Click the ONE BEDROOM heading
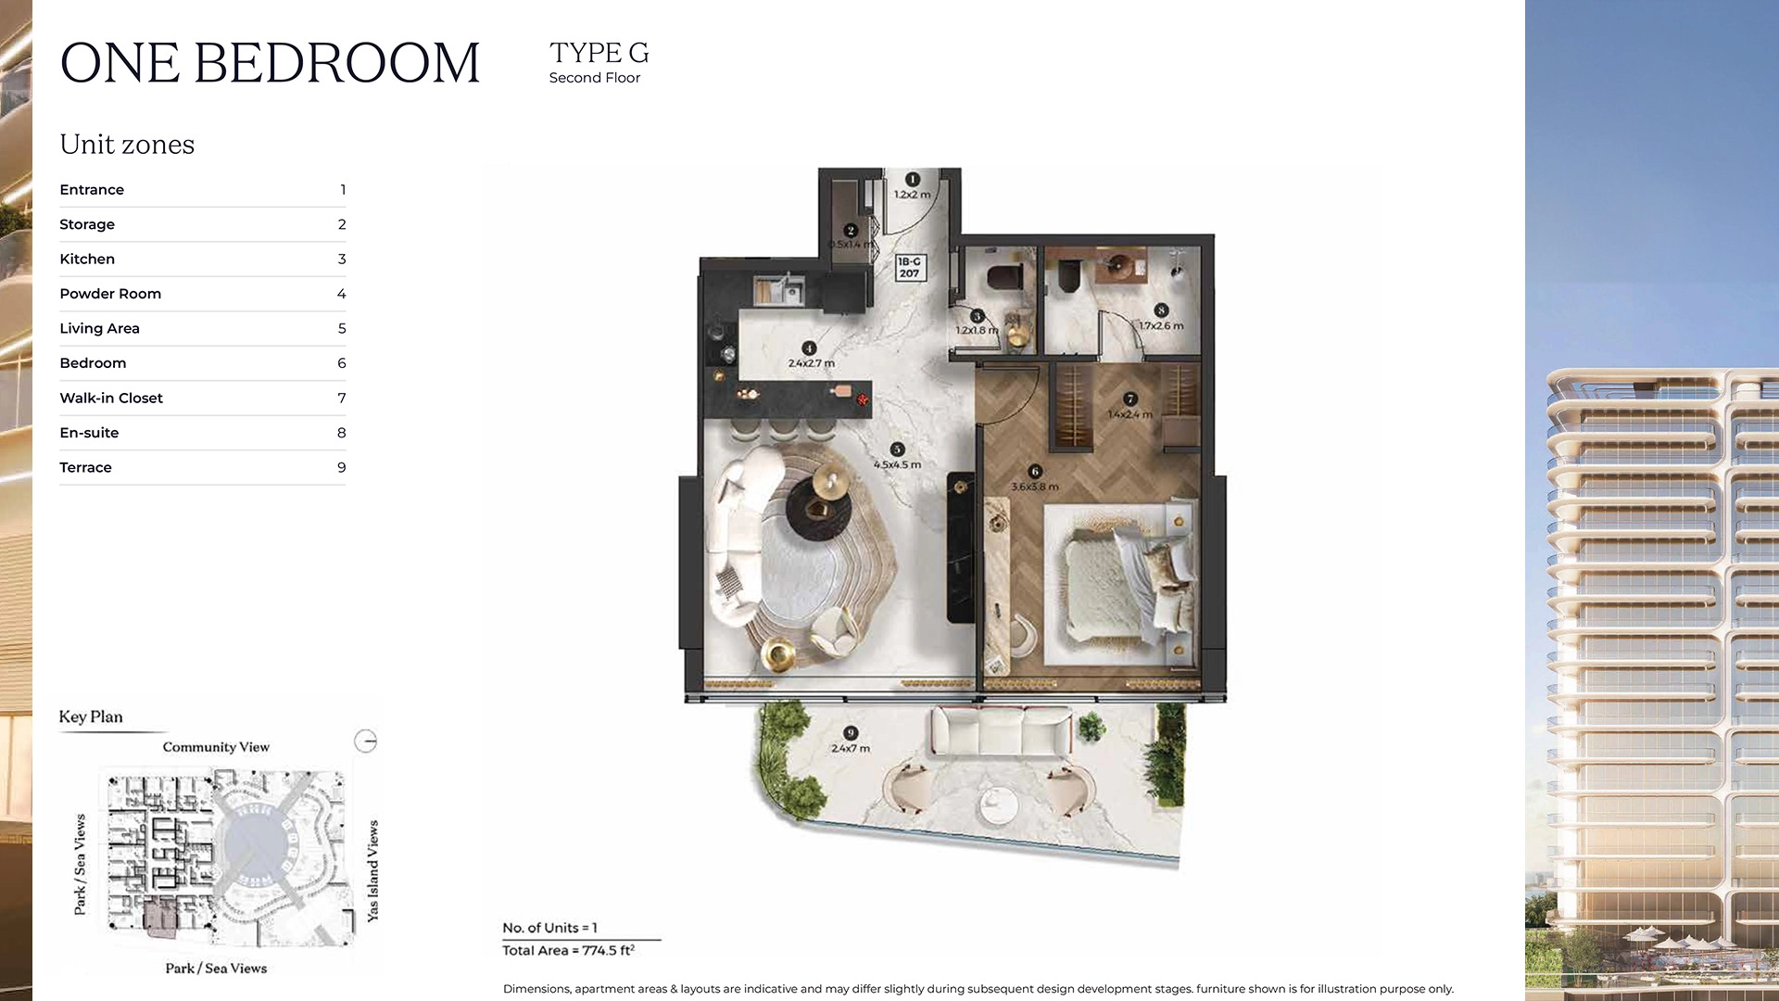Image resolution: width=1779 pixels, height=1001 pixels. coord(270,63)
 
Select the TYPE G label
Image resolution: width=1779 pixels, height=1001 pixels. coord(599,53)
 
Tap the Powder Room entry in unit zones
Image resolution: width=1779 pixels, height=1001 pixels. coord(110,294)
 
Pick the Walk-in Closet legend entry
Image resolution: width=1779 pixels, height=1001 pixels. coord(111,398)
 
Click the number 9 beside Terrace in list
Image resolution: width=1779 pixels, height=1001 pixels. coord(341,467)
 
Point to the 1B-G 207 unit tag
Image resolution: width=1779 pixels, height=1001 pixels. coord(909,268)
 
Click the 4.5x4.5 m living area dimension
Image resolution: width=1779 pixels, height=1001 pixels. coord(897,464)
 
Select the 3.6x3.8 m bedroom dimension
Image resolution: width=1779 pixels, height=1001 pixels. coord(1034,487)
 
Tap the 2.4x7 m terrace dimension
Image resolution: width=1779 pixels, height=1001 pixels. coord(850,748)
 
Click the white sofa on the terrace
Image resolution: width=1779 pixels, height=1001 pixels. coord(1001,732)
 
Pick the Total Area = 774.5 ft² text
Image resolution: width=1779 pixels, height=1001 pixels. coord(568,950)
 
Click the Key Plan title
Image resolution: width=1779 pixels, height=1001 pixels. coord(91,716)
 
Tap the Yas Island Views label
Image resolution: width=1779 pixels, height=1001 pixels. coord(372,870)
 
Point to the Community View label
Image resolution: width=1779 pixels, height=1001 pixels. coord(216,747)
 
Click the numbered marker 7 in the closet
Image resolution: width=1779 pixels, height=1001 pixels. coord(1129,399)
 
